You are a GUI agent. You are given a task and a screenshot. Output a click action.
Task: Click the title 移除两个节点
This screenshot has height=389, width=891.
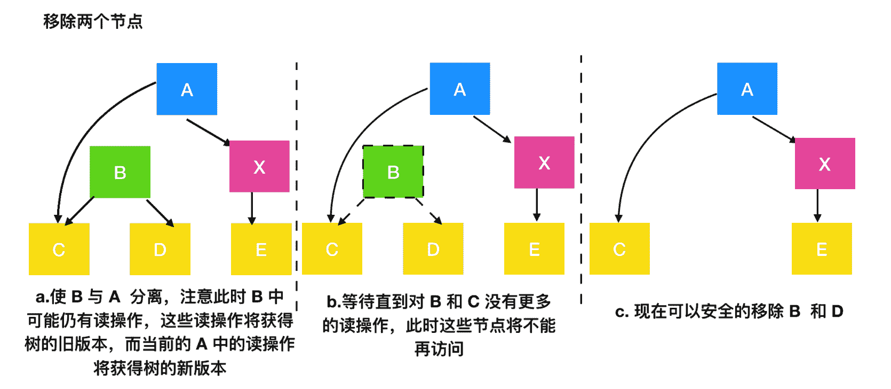(93, 21)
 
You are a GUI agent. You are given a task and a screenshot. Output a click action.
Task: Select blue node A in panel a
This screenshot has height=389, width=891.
(187, 89)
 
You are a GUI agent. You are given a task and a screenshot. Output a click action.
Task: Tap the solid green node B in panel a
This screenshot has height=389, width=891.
(120, 172)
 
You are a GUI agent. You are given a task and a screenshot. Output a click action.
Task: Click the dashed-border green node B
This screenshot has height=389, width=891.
(393, 172)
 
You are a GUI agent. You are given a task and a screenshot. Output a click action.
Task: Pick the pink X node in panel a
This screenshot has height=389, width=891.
(259, 167)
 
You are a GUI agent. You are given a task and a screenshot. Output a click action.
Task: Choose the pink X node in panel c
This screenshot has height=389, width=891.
(825, 164)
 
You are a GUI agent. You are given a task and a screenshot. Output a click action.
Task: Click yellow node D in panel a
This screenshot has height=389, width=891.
(160, 249)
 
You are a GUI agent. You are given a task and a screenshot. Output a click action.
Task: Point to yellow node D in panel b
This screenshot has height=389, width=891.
(433, 249)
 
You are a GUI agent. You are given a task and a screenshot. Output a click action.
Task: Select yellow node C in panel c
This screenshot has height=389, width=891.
(619, 249)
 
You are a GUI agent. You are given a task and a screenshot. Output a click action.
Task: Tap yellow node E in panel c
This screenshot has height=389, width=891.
(822, 249)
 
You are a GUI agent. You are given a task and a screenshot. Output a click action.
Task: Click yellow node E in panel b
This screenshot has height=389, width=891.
(534, 249)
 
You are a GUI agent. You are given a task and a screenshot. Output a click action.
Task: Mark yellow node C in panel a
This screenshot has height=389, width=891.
(59, 249)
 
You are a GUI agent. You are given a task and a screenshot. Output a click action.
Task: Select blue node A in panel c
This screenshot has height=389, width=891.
(747, 89)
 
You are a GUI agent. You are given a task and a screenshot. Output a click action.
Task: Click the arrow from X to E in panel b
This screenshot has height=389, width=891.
(537, 205)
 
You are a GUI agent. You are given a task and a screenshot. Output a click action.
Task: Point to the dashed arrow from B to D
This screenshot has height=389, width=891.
(428, 211)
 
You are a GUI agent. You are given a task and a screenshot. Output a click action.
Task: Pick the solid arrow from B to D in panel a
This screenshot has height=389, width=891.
(160, 212)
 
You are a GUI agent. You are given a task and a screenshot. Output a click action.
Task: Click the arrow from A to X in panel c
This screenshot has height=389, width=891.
(774, 129)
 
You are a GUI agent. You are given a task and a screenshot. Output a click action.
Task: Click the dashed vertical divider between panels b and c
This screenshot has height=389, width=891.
(581, 176)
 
